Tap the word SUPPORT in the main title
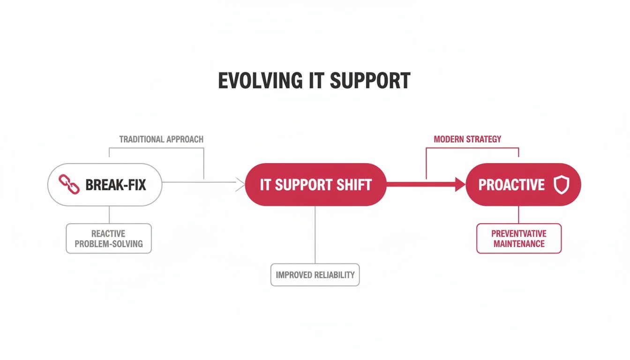coord(370,81)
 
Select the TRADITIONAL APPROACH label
coord(161,139)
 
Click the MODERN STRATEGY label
coord(467,139)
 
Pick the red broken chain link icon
coord(69,185)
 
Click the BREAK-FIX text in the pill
coord(116,185)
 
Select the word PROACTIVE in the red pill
coord(511,185)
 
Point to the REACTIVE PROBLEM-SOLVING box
coord(109,239)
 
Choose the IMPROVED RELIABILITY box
coord(315,275)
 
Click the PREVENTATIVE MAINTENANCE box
coord(519,239)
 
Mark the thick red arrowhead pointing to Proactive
coord(460,184)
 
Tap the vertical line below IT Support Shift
coord(315,234)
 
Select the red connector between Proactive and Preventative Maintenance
coord(518,215)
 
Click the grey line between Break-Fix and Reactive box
coord(109,215)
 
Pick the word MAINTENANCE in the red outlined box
coord(519,244)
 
